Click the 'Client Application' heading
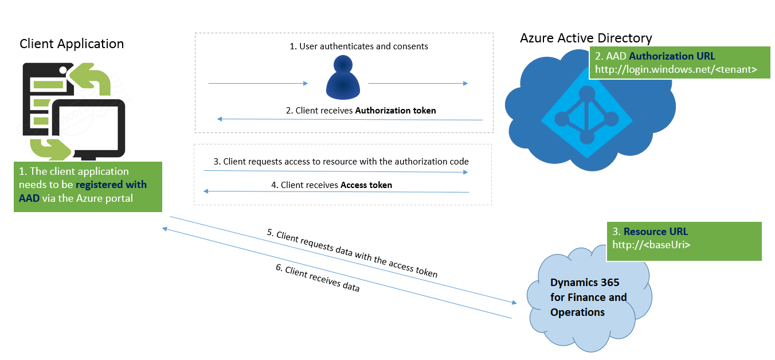[72, 44]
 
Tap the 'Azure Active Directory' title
[586, 38]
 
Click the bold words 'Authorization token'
[396, 111]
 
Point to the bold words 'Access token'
[366, 185]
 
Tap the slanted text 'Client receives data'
[322, 280]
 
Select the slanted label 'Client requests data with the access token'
[352, 254]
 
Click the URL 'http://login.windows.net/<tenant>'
[676, 69]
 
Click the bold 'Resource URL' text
[656, 232]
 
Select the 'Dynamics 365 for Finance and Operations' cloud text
[588, 298]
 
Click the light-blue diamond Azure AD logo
[586, 114]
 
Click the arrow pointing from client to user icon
[258, 84]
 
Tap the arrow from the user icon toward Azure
[418, 84]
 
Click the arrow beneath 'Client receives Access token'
[337, 192]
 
